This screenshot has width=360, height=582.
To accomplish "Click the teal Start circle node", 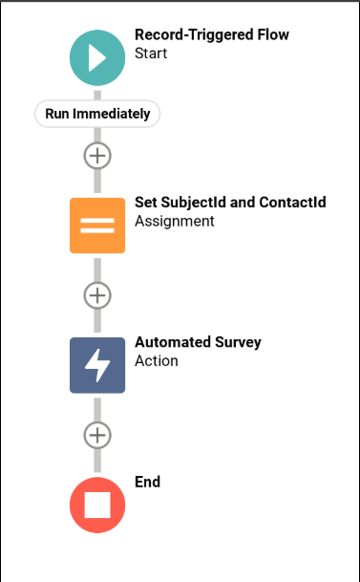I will click(97, 57).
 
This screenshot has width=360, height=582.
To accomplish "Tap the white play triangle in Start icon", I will click(98, 57).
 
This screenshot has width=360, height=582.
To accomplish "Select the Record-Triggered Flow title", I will click(211, 35).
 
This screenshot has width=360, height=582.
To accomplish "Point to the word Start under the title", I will click(151, 54).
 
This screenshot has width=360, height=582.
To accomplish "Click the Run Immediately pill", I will click(97, 114).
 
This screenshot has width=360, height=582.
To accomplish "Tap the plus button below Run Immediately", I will click(97, 155).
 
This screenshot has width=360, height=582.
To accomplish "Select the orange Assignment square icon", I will click(97, 226).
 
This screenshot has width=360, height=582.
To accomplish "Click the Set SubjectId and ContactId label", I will click(230, 203).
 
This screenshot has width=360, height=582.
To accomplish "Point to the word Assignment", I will click(175, 222).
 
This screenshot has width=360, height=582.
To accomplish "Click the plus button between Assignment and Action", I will click(97, 294).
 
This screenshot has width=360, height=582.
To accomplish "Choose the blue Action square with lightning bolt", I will click(97, 365).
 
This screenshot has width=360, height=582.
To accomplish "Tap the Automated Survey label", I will click(198, 342).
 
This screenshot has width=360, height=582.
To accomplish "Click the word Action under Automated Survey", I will click(157, 361).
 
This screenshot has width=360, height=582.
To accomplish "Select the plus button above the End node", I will click(97, 435).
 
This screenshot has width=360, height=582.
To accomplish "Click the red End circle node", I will click(97, 504).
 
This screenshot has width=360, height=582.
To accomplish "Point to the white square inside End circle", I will click(97, 504).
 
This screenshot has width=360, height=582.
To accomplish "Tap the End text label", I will click(148, 483).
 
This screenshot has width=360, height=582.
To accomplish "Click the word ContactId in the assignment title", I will click(293, 203).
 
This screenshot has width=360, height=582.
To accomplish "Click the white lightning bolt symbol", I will click(97, 365).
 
